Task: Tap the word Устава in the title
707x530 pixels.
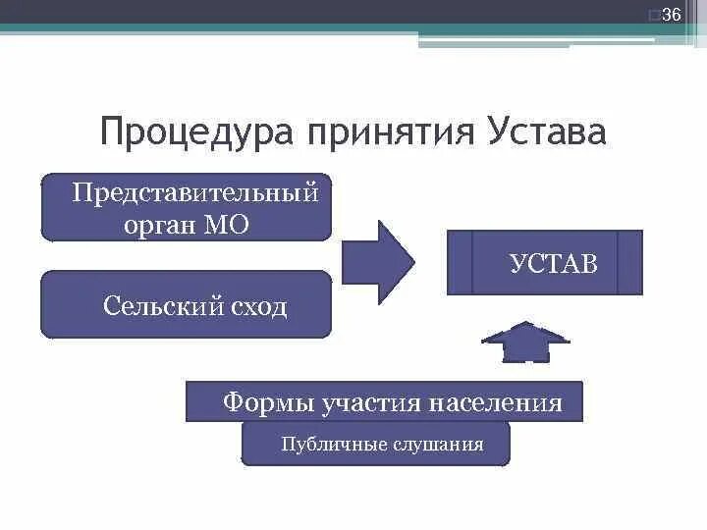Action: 546,132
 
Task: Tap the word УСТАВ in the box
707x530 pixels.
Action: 553,263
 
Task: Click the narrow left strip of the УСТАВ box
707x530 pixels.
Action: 460,262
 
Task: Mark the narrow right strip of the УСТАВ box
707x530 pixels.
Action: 629,262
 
